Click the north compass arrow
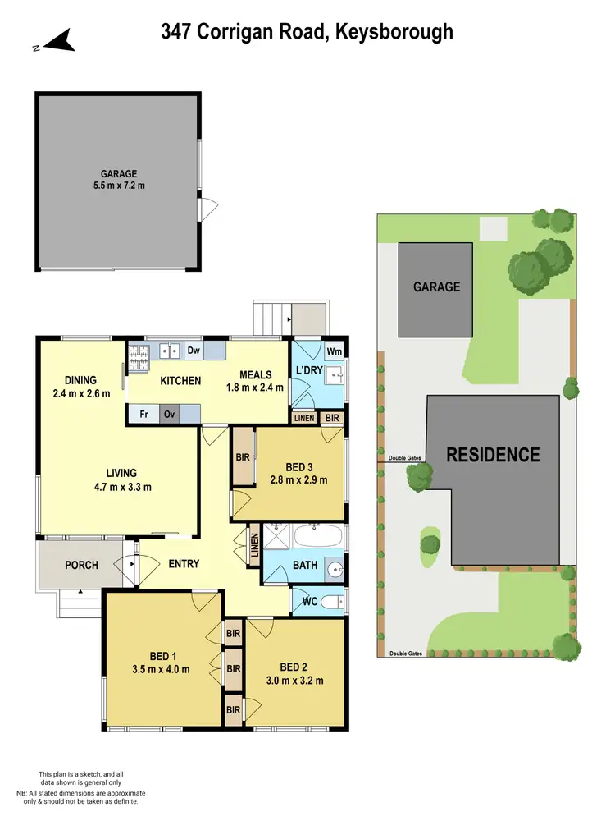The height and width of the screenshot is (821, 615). (60, 39)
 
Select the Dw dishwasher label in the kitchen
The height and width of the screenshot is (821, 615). (194, 351)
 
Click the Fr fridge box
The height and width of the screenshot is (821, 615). (143, 415)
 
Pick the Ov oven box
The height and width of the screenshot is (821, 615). (170, 415)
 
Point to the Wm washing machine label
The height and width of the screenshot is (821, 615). (334, 351)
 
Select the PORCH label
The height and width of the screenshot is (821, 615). (81, 565)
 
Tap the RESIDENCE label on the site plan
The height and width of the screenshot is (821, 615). (493, 455)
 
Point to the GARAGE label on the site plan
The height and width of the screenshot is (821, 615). (436, 287)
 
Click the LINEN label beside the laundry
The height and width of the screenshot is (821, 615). (304, 419)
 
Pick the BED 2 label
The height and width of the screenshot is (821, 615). (294, 667)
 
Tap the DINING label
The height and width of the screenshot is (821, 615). (81, 380)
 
